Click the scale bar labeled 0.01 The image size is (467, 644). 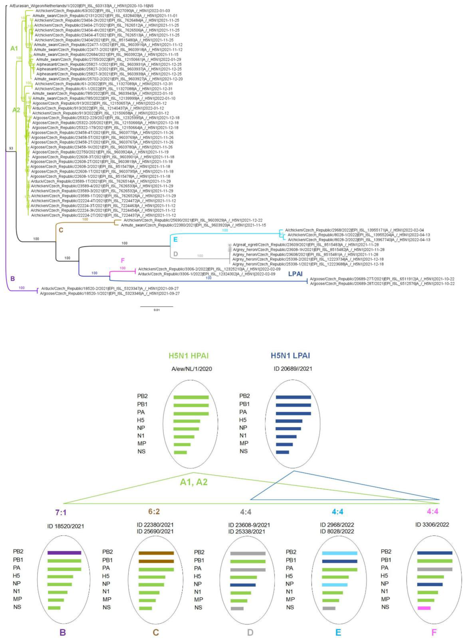tap(156, 307)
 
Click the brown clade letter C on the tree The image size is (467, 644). tap(61, 230)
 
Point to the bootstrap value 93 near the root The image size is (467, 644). tap(11, 148)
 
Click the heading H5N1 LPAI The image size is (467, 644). tap(290, 356)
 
